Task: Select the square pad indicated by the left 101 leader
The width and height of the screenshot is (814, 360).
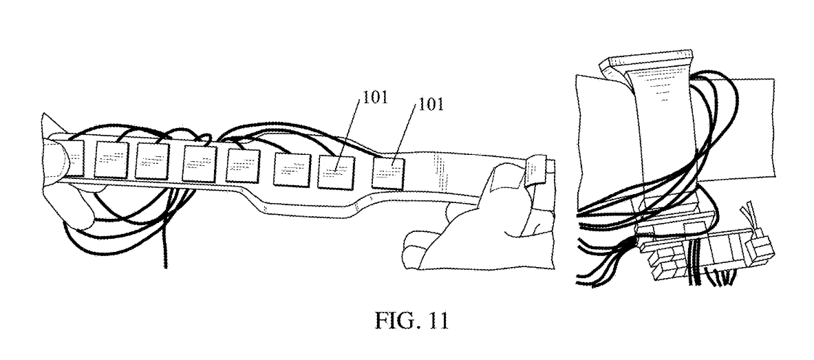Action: pyautogui.click(x=336, y=169)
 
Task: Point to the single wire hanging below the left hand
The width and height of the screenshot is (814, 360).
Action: pyautogui.click(x=165, y=248)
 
